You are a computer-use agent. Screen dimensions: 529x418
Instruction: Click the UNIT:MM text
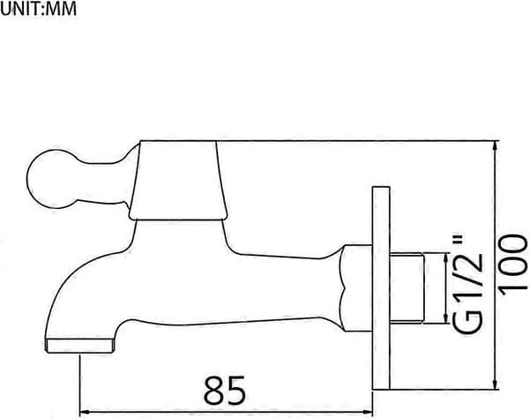tap(39, 9)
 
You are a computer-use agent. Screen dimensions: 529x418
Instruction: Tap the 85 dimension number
tap(225, 391)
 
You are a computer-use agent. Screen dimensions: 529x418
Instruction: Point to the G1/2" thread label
tap(466, 284)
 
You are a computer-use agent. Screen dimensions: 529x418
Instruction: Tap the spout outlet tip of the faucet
tap(78, 347)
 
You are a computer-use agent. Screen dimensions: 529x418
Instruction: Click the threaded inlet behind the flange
tap(406, 288)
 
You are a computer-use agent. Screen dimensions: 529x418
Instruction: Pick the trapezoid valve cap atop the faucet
tap(177, 181)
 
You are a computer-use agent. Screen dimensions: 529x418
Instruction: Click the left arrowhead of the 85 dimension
tap(85, 412)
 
